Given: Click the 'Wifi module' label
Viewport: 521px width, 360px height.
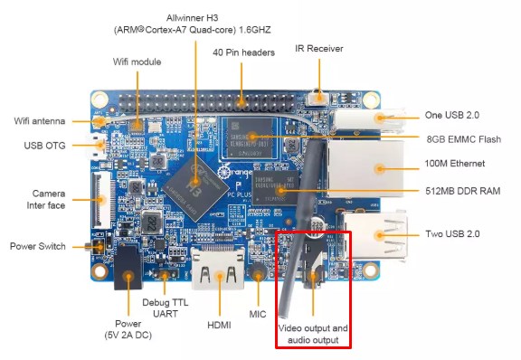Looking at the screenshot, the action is (137, 62).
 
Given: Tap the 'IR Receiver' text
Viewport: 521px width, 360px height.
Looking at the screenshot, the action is (319, 49).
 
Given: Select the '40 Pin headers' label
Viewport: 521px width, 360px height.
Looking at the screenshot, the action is (243, 52).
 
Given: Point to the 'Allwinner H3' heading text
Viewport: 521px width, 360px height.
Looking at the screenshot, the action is (192, 18).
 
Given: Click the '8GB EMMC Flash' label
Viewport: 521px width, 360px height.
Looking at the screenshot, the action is (464, 139).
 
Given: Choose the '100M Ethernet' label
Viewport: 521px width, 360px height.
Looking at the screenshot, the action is (455, 164).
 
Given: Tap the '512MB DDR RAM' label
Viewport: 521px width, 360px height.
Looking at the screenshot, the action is (463, 191).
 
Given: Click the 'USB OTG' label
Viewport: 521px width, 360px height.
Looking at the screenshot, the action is (44, 146).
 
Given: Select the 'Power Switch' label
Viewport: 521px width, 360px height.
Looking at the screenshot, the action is (38, 246).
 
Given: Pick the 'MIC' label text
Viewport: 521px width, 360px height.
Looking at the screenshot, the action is (258, 314).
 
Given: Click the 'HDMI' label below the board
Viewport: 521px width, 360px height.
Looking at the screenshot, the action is (219, 325).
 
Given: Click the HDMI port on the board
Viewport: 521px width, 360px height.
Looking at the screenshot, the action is (218, 269).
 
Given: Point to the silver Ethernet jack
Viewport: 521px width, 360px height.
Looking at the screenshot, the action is (365, 169).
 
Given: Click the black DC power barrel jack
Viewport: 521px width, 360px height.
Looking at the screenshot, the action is (128, 268).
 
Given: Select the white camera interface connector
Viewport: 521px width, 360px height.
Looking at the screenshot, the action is (101, 200).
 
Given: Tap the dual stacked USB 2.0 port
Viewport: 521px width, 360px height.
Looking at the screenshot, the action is (374, 236).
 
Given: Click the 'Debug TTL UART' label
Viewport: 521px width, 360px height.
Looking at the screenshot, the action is (166, 308).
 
